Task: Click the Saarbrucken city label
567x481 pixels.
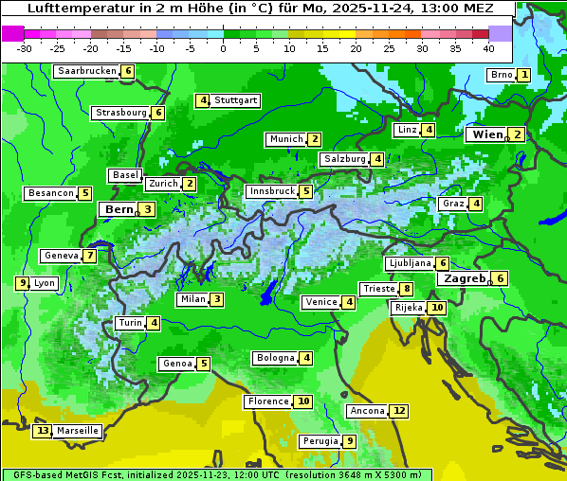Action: pos(87,71)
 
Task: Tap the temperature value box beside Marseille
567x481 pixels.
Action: pos(42,431)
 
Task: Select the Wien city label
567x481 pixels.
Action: pos(488,135)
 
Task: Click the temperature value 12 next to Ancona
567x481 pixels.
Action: pos(399,411)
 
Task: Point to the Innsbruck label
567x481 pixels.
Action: pos(271,191)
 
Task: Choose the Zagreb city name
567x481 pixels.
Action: pos(462,278)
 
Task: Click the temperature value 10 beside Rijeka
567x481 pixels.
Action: pos(436,308)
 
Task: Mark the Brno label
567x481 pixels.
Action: pos(501,75)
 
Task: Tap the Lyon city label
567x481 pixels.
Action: pos(44,283)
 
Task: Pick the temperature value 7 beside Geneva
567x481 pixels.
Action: pos(89,256)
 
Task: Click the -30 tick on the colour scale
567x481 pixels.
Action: pos(25,48)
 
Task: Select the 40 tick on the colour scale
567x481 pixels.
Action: pos(488,48)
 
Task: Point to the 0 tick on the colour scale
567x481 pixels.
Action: pos(223,48)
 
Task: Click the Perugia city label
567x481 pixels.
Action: pos(320,441)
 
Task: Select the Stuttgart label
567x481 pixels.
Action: pos(236,100)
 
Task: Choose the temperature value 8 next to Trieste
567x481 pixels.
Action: pos(406,289)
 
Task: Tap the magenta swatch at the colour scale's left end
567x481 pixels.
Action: pos(13,33)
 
